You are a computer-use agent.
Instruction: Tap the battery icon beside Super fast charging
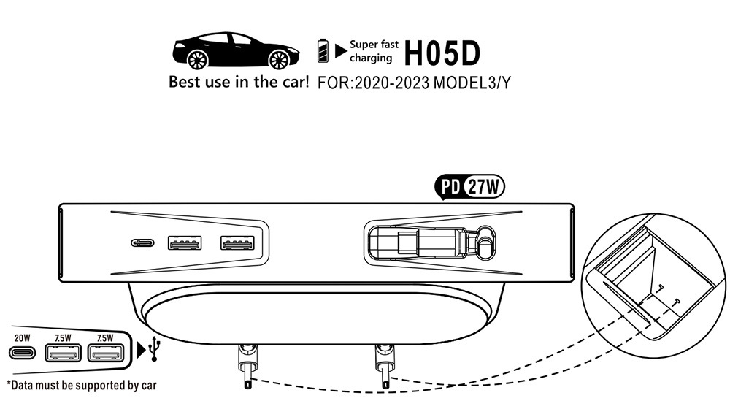[323, 50]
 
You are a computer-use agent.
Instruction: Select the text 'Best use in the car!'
[239, 82]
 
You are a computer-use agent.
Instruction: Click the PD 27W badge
[470, 187]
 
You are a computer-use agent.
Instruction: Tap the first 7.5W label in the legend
[63, 337]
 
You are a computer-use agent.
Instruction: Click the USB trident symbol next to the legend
[153, 351]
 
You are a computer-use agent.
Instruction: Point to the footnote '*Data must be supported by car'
[81, 384]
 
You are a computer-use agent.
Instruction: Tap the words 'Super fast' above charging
[374, 44]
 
